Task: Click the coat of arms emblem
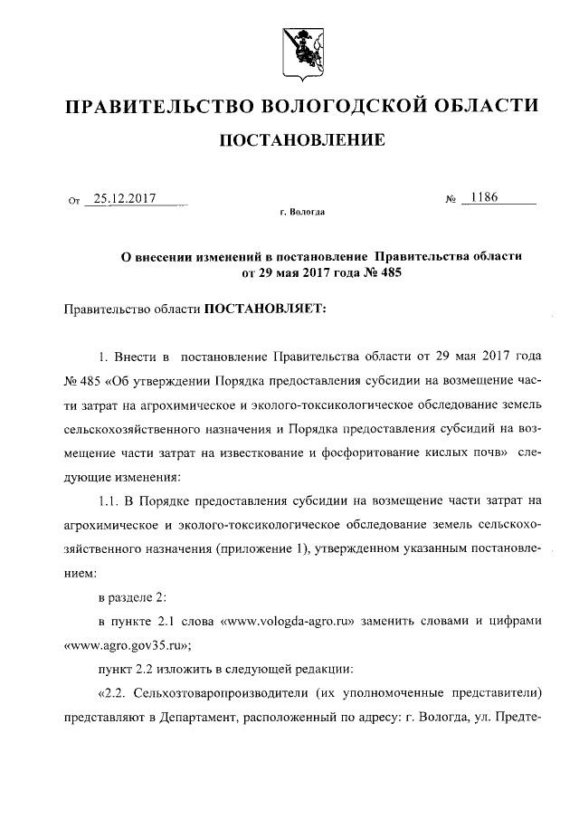299,45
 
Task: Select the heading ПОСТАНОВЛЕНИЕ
299,139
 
